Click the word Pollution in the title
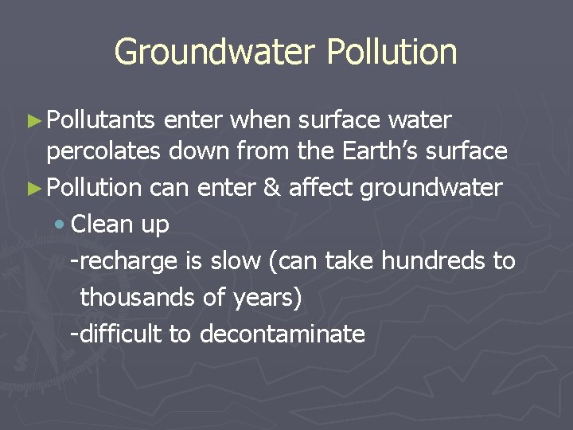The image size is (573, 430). point(392,53)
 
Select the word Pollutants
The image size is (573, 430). point(101,120)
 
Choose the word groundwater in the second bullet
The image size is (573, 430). point(431,189)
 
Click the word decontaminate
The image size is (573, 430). point(282,334)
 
